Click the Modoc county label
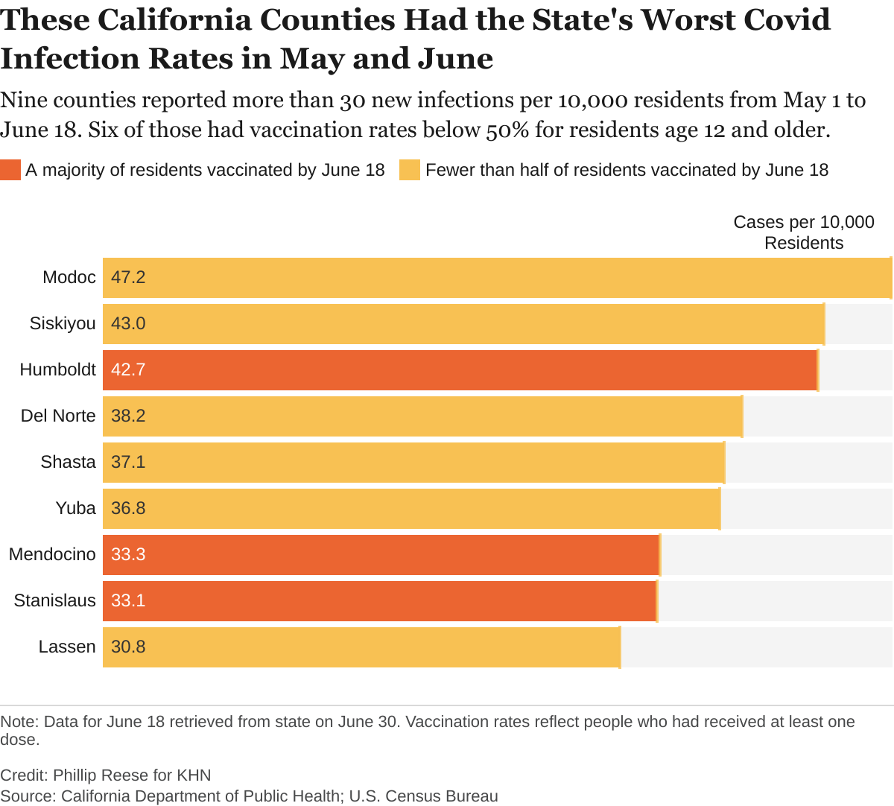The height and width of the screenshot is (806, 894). pyautogui.click(x=69, y=277)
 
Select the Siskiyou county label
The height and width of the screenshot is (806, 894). pyautogui.click(x=63, y=323)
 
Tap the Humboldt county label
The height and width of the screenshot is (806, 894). pyautogui.click(x=58, y=369)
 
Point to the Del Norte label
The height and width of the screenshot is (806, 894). pyautogui.click(x=58, y=416)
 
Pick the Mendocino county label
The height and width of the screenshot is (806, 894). pyautogui.click(x=52, y=554)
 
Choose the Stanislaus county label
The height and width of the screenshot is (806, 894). pyautogui.click(x=55, y=600)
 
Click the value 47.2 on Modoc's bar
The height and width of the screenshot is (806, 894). pyautogui.click(x=128, y=277)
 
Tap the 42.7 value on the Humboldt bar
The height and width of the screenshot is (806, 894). pyautogui.click(x=128, y=369)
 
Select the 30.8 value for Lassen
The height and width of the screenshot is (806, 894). pyautogui.click(x=128, y=647)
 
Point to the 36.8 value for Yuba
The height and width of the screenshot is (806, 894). pyautogui.click(x=128, y=508)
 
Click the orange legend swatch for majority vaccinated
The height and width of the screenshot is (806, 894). pyautogui.click(x=10, y=170)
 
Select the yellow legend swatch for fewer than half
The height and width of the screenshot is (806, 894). pyautogui.click(x=410, y=170)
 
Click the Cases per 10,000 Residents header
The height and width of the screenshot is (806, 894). pyautogui.click(x=804, y=232)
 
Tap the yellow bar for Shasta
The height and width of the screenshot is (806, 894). pyautogui.click(x=413, y=462)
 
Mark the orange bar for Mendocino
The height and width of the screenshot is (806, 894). pyautogui.click(x=381, y=554)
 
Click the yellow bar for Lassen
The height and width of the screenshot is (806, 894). pyautogui.click(x=361, y=647)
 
